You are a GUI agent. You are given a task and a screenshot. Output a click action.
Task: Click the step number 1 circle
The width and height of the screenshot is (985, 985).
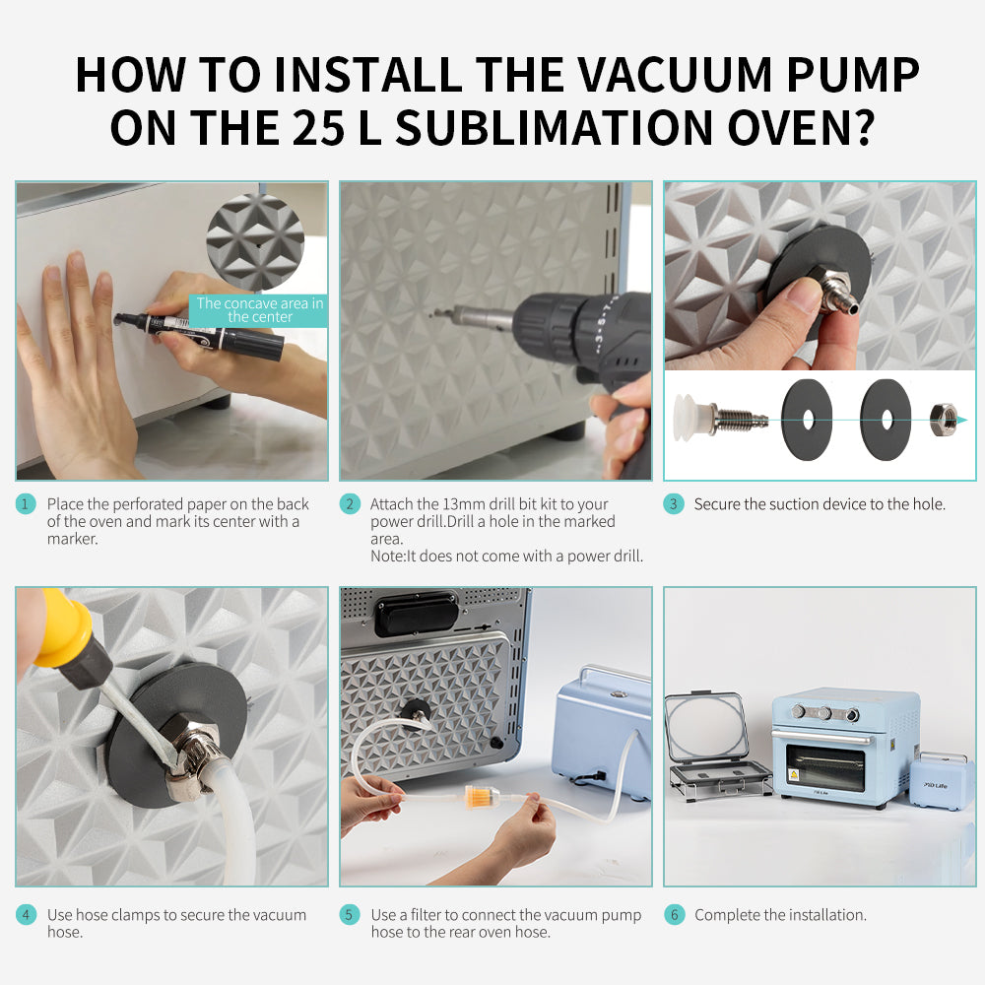click(26, 504)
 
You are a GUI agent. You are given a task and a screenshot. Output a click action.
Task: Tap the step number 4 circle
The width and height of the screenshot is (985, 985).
click(26, 915)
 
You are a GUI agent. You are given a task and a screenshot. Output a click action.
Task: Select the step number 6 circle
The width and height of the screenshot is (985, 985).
click(674, 915)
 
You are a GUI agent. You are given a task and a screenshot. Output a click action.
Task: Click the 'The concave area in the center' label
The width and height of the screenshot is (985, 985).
click(259, 310)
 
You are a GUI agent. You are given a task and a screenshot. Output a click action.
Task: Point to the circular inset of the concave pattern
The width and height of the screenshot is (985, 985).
click(255, 241)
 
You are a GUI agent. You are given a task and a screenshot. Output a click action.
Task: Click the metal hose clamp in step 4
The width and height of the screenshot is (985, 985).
click(193, 763)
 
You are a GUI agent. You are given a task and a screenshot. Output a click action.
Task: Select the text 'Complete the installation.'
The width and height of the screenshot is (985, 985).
click(780, 915)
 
